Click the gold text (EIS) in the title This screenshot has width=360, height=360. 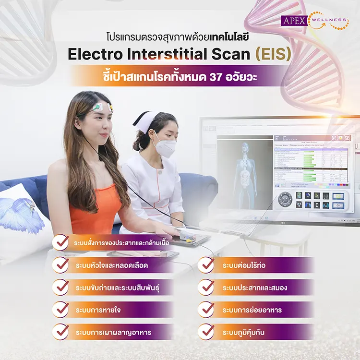[x=274, y=54]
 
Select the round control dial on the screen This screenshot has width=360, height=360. [x=286, y=199]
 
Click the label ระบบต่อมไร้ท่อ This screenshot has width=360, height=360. [x=245, y=265]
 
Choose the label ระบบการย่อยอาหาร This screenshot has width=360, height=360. [x=252, y=310]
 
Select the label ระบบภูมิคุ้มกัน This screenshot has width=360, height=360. [x=245, y=332]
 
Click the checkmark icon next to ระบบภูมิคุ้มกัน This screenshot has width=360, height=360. [x=206, y=332]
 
